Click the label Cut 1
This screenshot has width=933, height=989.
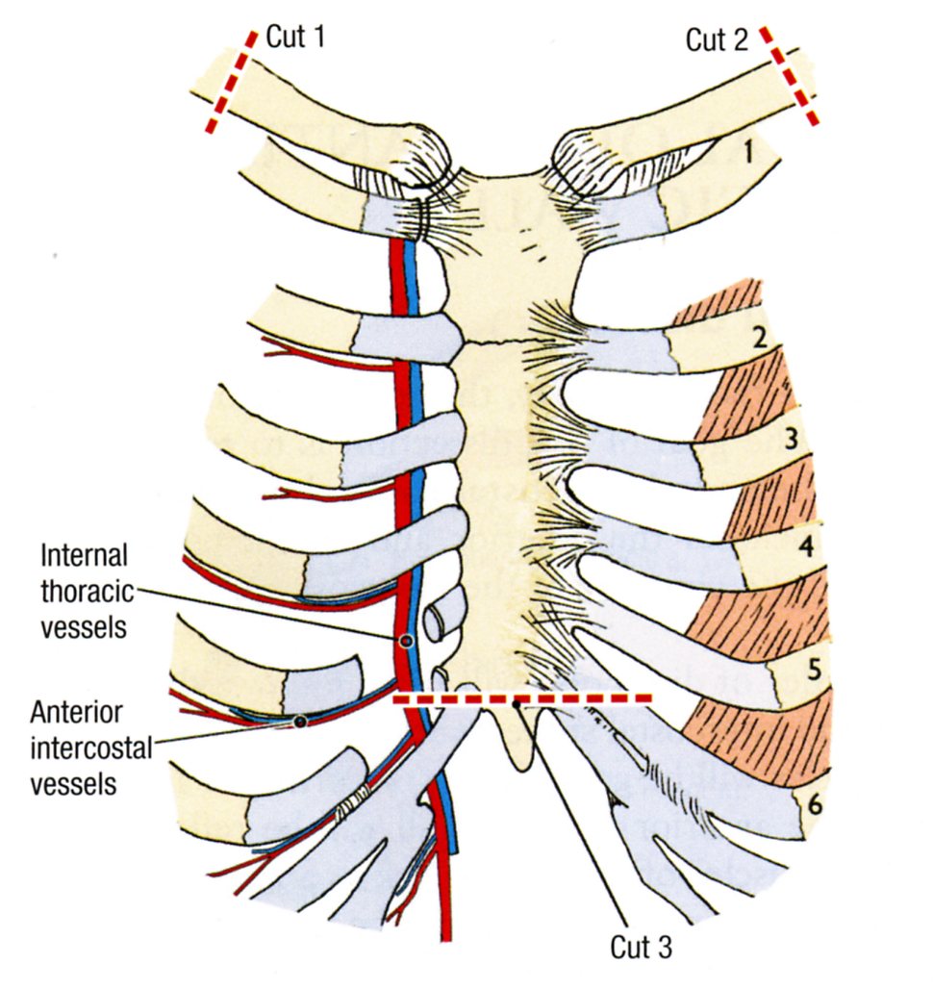pos(295,39)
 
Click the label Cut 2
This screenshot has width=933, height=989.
pos(717,39)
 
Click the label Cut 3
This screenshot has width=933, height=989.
pos(642,947)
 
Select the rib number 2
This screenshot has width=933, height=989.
pos(760,338)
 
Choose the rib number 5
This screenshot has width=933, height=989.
pos(814,669)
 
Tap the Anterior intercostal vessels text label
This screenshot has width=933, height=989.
pos(90,748)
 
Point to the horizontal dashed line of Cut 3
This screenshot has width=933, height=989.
pos(524,697)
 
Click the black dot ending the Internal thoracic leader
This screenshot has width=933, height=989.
pos(406,641)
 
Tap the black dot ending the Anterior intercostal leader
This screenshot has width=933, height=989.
pos(300,722)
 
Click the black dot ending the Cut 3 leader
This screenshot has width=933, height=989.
pos(517,705)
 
